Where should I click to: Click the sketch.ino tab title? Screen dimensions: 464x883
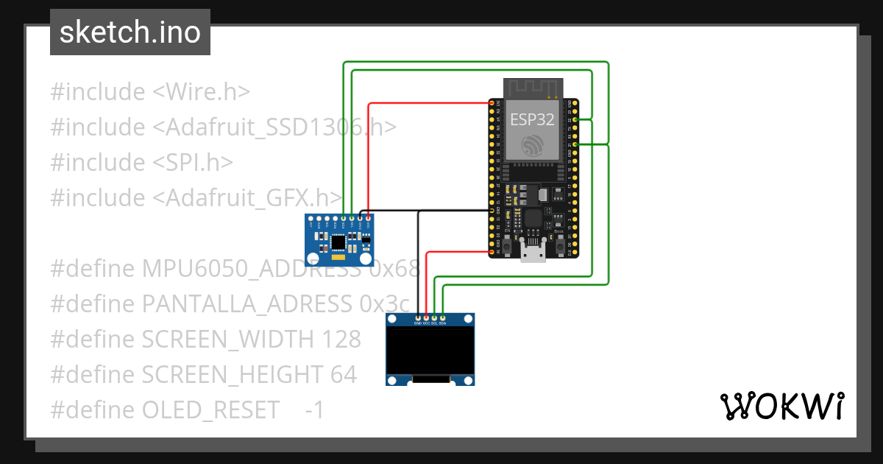click(130, 32)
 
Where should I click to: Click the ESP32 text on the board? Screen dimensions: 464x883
click(533, 120)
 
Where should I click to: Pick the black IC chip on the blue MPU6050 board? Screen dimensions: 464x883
click(338, 242)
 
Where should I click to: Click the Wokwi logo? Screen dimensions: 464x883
click(781, 406)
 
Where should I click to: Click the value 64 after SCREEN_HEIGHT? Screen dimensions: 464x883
click(343, 375)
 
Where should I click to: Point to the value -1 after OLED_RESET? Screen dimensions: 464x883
click(314, 410)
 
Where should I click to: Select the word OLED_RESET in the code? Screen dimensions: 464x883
click(210, 410)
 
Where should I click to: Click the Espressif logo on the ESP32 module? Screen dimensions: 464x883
click(533, 144)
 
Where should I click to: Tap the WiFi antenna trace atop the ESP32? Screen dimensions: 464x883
click(533, 87)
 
